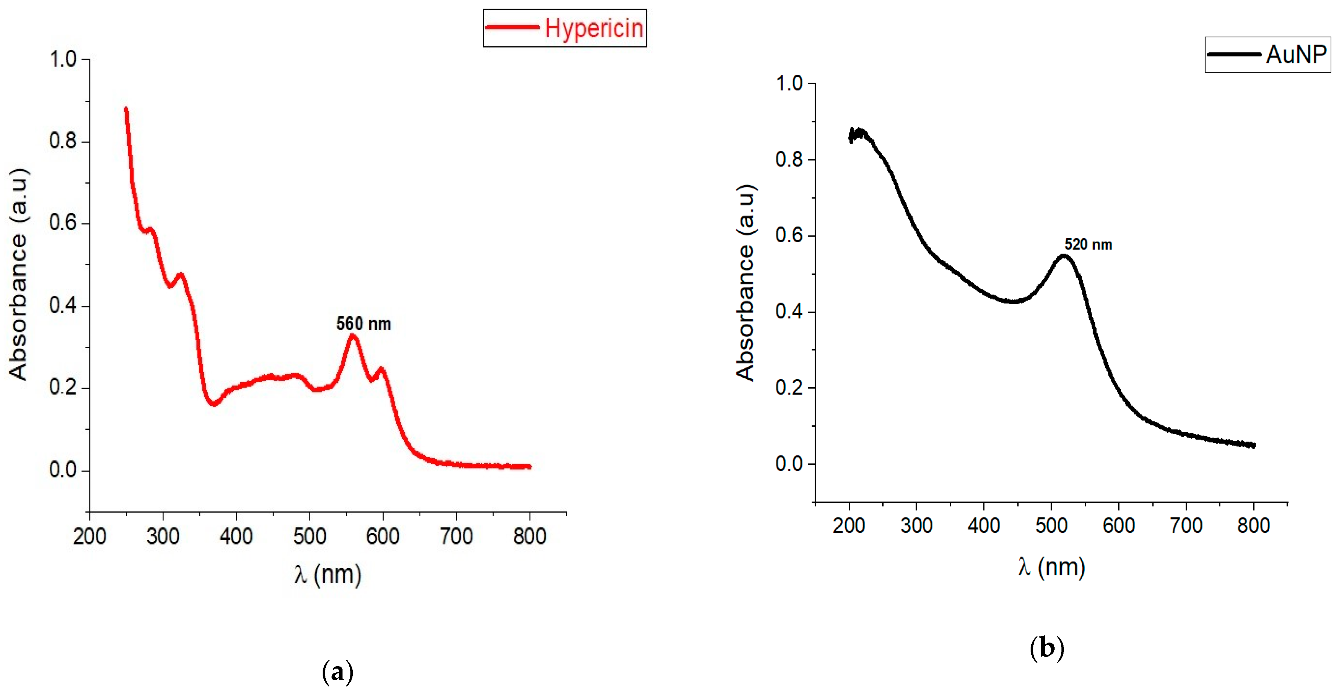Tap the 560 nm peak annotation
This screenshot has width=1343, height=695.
[x=363, y=324]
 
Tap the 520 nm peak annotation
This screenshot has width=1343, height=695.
[x=1088, y=244]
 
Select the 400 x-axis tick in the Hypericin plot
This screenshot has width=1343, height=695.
[x=236, y=536]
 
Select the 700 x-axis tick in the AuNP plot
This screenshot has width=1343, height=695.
[x=1186, y=525]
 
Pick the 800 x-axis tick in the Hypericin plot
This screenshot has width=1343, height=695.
[x=530, y=536]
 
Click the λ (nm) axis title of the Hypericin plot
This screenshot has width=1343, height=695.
[x=327, y=574]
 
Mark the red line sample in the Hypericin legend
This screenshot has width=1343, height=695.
[x=512, y=27]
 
